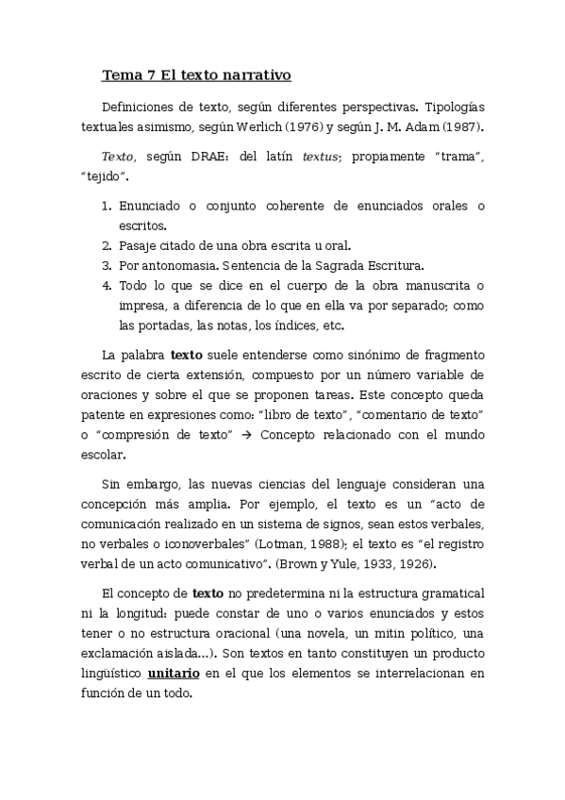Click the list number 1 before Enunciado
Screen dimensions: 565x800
[106, 206]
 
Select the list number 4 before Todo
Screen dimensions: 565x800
[106, 287]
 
